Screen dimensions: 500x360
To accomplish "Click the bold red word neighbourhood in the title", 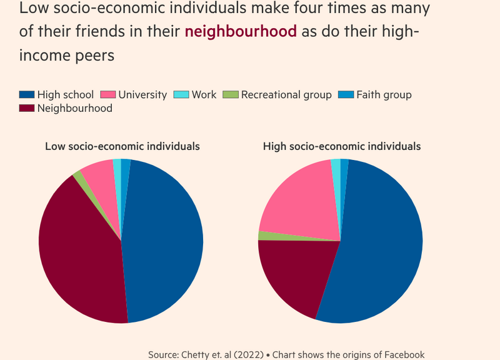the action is (x=241, y=32).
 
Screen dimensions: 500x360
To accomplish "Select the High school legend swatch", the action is (x=27, y=95).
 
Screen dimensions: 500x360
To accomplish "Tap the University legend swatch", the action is (x=107, y=95).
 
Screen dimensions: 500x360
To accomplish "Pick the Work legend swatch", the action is (x=181, y=95).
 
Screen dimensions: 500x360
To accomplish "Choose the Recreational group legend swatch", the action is (x=231, y=95).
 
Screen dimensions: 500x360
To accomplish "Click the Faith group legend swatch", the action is (x=346, y=95).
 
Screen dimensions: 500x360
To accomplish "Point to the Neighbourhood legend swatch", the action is (x=27, y=108).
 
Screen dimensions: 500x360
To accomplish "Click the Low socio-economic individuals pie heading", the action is (x=122, y=146).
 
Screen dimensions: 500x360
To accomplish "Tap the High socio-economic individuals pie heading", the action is (x=342, y=146).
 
